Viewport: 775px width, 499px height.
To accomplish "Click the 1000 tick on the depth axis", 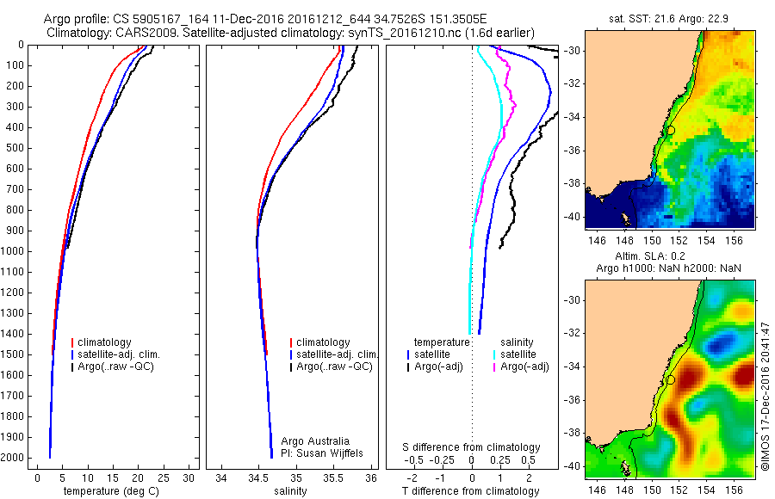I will click(15, 251).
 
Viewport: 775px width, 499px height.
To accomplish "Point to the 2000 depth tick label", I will click(15, 458).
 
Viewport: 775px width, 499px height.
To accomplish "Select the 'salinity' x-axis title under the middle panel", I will click(288, 491).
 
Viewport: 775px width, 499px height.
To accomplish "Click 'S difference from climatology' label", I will click(472, 448).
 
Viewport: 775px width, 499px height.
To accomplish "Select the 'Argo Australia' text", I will click(315, 441).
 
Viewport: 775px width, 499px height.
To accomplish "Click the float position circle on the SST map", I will click(671, 130).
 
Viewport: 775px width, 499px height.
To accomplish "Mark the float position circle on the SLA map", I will click(671, 379).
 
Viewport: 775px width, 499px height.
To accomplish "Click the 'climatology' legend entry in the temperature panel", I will click(107, 342).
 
